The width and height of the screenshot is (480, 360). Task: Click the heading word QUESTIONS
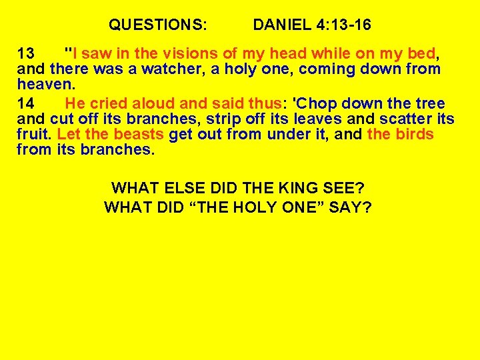(x=158, y=26)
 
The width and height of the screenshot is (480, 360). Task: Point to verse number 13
(x=26, y=53)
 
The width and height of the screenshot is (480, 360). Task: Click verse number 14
(x=26, y=103)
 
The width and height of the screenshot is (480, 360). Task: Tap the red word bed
(x=423, y=53)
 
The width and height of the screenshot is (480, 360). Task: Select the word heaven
(x=43, y=85)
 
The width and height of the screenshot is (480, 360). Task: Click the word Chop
(x=313, y=103)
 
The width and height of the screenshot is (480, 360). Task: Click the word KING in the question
(x=279, y=188)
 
